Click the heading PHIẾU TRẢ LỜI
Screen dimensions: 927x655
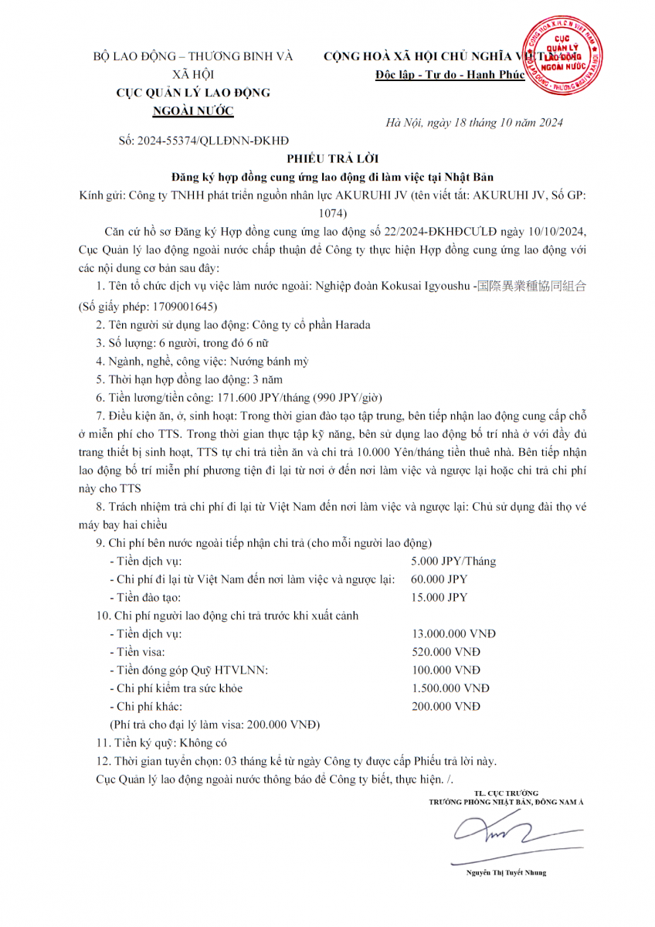click(327, 158)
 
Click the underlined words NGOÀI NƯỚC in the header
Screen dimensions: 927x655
click(193, 110)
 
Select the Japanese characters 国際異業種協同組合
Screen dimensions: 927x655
click(532, 286)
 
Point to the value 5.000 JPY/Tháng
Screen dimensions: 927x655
click(454, 561)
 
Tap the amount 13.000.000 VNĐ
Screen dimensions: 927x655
click(454, 634)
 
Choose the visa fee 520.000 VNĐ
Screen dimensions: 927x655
click(446, 652)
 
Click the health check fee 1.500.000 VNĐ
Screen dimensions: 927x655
click(451, 688)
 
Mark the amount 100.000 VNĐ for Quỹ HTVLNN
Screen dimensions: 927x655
click(446, 670)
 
